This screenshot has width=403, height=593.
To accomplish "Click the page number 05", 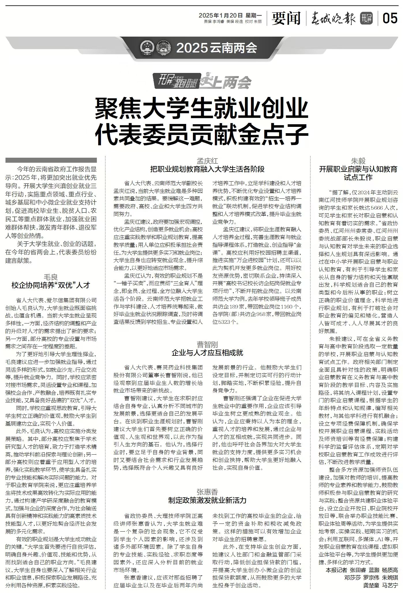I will point(390,19).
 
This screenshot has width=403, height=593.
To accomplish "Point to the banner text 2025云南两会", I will point(216,48).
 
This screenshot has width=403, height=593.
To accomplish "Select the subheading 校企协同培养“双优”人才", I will point(51,285).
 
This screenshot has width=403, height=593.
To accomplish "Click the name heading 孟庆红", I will point(207,161).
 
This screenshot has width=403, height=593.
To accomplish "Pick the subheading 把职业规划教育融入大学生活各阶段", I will point(207,169).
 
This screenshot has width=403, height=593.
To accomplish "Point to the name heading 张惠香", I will point(207,492).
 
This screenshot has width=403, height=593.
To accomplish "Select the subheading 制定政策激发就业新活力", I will point(207,500).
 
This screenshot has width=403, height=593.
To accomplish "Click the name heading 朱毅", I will point(358,161).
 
